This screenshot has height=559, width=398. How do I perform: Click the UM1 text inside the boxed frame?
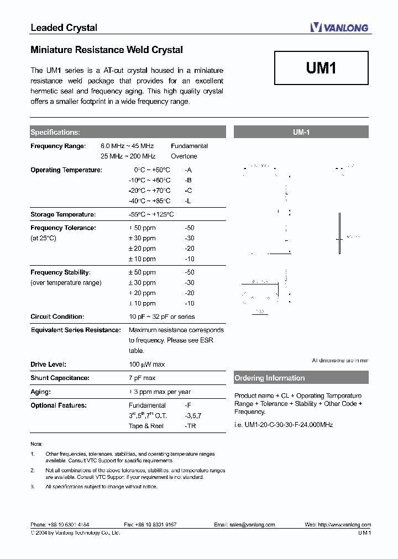321,68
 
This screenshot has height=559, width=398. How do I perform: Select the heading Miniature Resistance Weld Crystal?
107,50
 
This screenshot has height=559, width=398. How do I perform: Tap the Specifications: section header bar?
128,132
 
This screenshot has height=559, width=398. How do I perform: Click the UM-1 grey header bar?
301,132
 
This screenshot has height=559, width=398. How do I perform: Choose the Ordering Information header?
301,378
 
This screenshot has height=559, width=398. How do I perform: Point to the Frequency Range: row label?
58,146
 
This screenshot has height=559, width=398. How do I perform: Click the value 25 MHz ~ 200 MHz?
128,156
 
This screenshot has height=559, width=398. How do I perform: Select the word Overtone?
184,156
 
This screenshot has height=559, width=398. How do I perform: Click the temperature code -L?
188,201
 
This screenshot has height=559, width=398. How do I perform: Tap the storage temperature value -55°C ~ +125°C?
151,214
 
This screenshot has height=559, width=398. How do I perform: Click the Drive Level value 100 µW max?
146,365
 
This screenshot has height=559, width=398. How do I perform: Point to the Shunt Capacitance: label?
60,378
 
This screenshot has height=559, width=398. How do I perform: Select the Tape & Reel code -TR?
190,426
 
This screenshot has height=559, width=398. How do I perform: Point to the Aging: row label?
40,392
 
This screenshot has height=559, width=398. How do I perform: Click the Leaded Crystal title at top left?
64,28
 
